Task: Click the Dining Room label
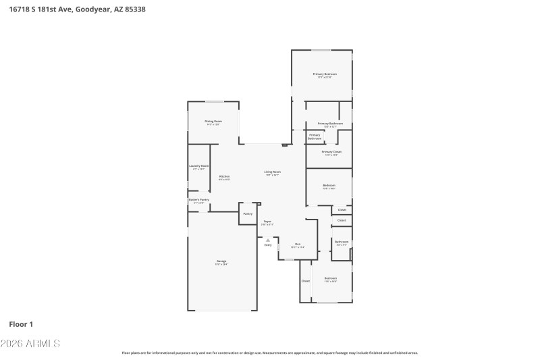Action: coord(213,122)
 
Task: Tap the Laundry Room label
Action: coord(198,166)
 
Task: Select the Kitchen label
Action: coord(224,177)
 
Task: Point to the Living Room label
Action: coord(272,172)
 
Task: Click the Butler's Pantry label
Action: coord(198,200)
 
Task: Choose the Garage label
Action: coord(221,261)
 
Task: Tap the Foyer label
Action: coord(267,222)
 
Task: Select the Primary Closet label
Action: coord(331,152)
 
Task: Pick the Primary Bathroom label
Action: coord(331,124)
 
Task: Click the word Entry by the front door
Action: coord(268,245)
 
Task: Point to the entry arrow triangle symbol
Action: coord(268,240)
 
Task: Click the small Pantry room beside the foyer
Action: coord(248,214)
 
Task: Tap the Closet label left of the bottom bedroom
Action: coord(306,280)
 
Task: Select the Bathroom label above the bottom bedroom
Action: coord(342,242)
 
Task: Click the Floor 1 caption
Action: coord(21,324)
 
